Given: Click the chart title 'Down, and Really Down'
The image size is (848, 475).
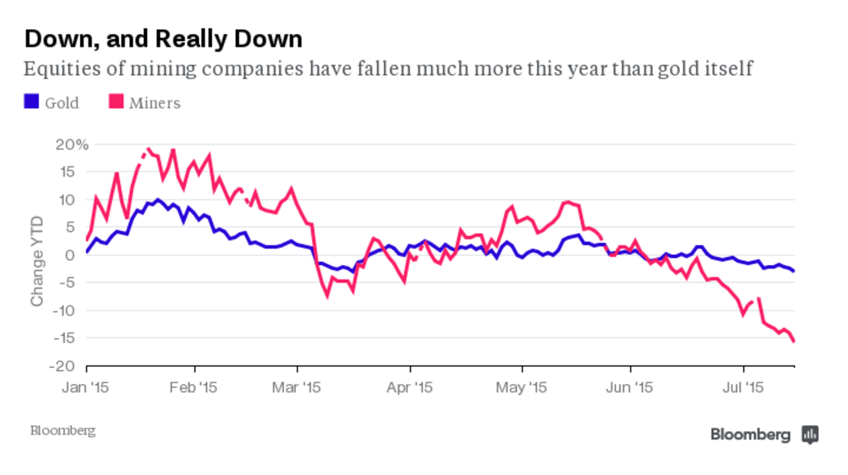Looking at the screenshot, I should [x=163, y=39].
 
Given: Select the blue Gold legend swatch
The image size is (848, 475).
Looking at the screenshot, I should [x=31, y=102].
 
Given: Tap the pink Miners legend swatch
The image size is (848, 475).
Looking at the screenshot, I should [x=116, y=102].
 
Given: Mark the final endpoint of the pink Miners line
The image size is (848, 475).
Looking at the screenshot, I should [x=794, y=341].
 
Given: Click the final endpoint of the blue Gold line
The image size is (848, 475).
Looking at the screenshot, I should [x=794, y=271].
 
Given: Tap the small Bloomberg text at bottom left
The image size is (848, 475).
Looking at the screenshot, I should [x=62, y=430].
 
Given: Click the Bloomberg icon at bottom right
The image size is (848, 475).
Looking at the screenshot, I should [x=810, y=434].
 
